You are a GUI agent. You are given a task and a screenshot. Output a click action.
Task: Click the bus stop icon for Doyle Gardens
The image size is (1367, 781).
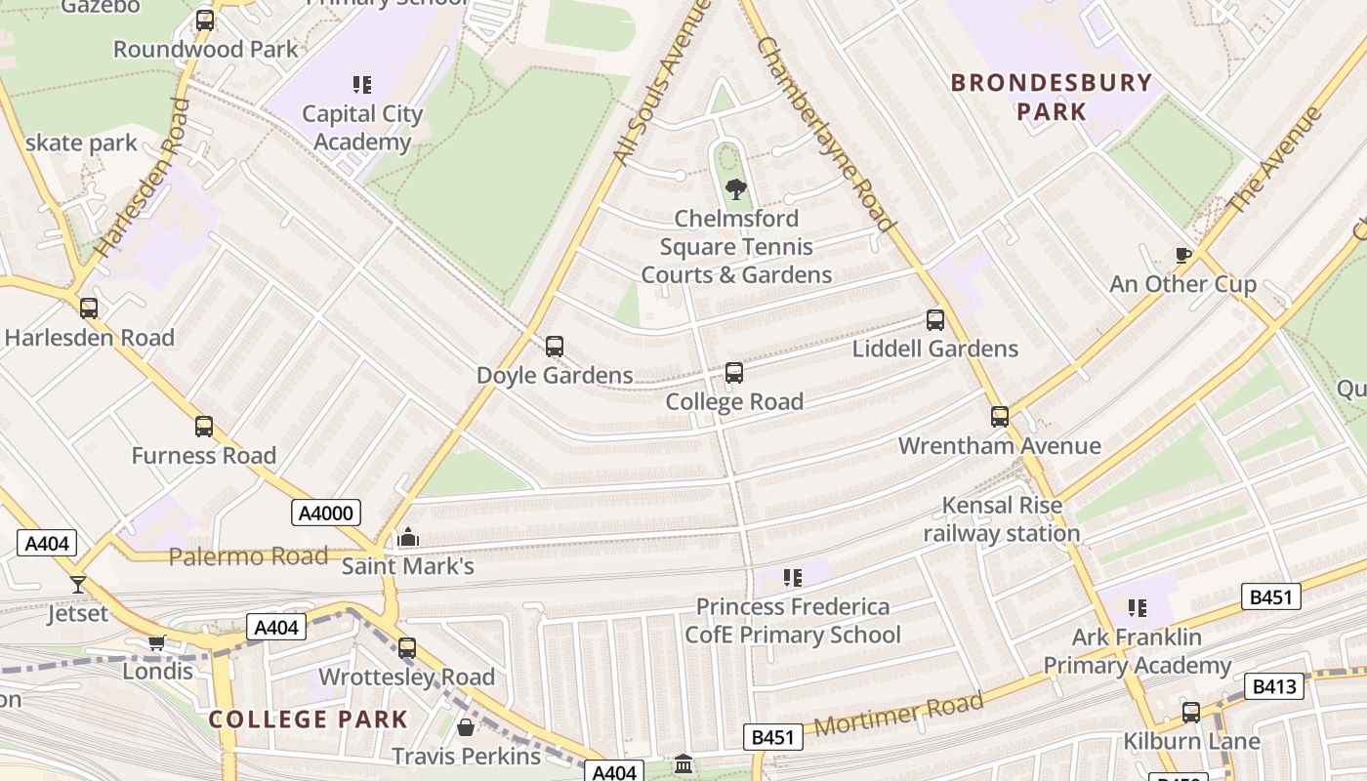(x=555, y=346)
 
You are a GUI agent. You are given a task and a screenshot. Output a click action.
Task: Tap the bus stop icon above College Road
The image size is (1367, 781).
(x=734, y=372)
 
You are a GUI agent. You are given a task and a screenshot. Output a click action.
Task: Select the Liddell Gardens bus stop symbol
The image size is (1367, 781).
(x=935, y=319)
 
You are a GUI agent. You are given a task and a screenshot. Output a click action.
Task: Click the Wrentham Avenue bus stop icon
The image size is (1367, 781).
(x=1000, y=417)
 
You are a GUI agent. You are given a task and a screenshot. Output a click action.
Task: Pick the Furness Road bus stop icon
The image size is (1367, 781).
(x=204, y=426)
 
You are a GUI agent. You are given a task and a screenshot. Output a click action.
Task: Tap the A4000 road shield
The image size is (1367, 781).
(x=326, y=513)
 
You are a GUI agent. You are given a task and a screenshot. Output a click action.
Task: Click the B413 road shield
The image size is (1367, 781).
(x=1274, y=686)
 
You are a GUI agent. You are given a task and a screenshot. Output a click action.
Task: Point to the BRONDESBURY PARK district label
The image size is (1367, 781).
(x=1052, y=97)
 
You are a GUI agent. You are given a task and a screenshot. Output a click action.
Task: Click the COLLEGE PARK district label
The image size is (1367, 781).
(x=309, y=719)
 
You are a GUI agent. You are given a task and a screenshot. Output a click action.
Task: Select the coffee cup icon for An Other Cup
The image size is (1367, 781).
(x=1183, y=256)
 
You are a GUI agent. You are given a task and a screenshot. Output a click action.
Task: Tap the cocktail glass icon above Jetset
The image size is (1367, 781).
(x=78, y=585)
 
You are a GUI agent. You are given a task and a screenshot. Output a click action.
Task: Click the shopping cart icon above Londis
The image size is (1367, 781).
(x=156, y=642)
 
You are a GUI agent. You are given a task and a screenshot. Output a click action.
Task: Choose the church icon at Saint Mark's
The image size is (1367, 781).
(x=408, y=538)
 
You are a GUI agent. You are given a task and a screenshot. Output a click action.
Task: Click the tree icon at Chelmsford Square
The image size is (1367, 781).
(x=736, y=188)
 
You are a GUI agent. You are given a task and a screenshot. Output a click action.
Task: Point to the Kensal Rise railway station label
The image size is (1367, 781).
(x=1002, y=519)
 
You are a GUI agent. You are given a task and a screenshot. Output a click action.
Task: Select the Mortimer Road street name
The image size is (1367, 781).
(x=898, y=716)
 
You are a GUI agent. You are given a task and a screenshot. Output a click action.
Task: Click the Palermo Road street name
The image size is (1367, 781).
(x=248, y=556)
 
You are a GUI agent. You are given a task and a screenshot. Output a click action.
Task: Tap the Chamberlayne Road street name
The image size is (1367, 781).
(x=825, y=135)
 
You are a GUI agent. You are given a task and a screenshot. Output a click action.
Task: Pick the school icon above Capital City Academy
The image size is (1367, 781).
(x=362, y=85)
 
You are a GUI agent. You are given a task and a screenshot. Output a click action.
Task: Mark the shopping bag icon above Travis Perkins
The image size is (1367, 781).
(x=466, y=727)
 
